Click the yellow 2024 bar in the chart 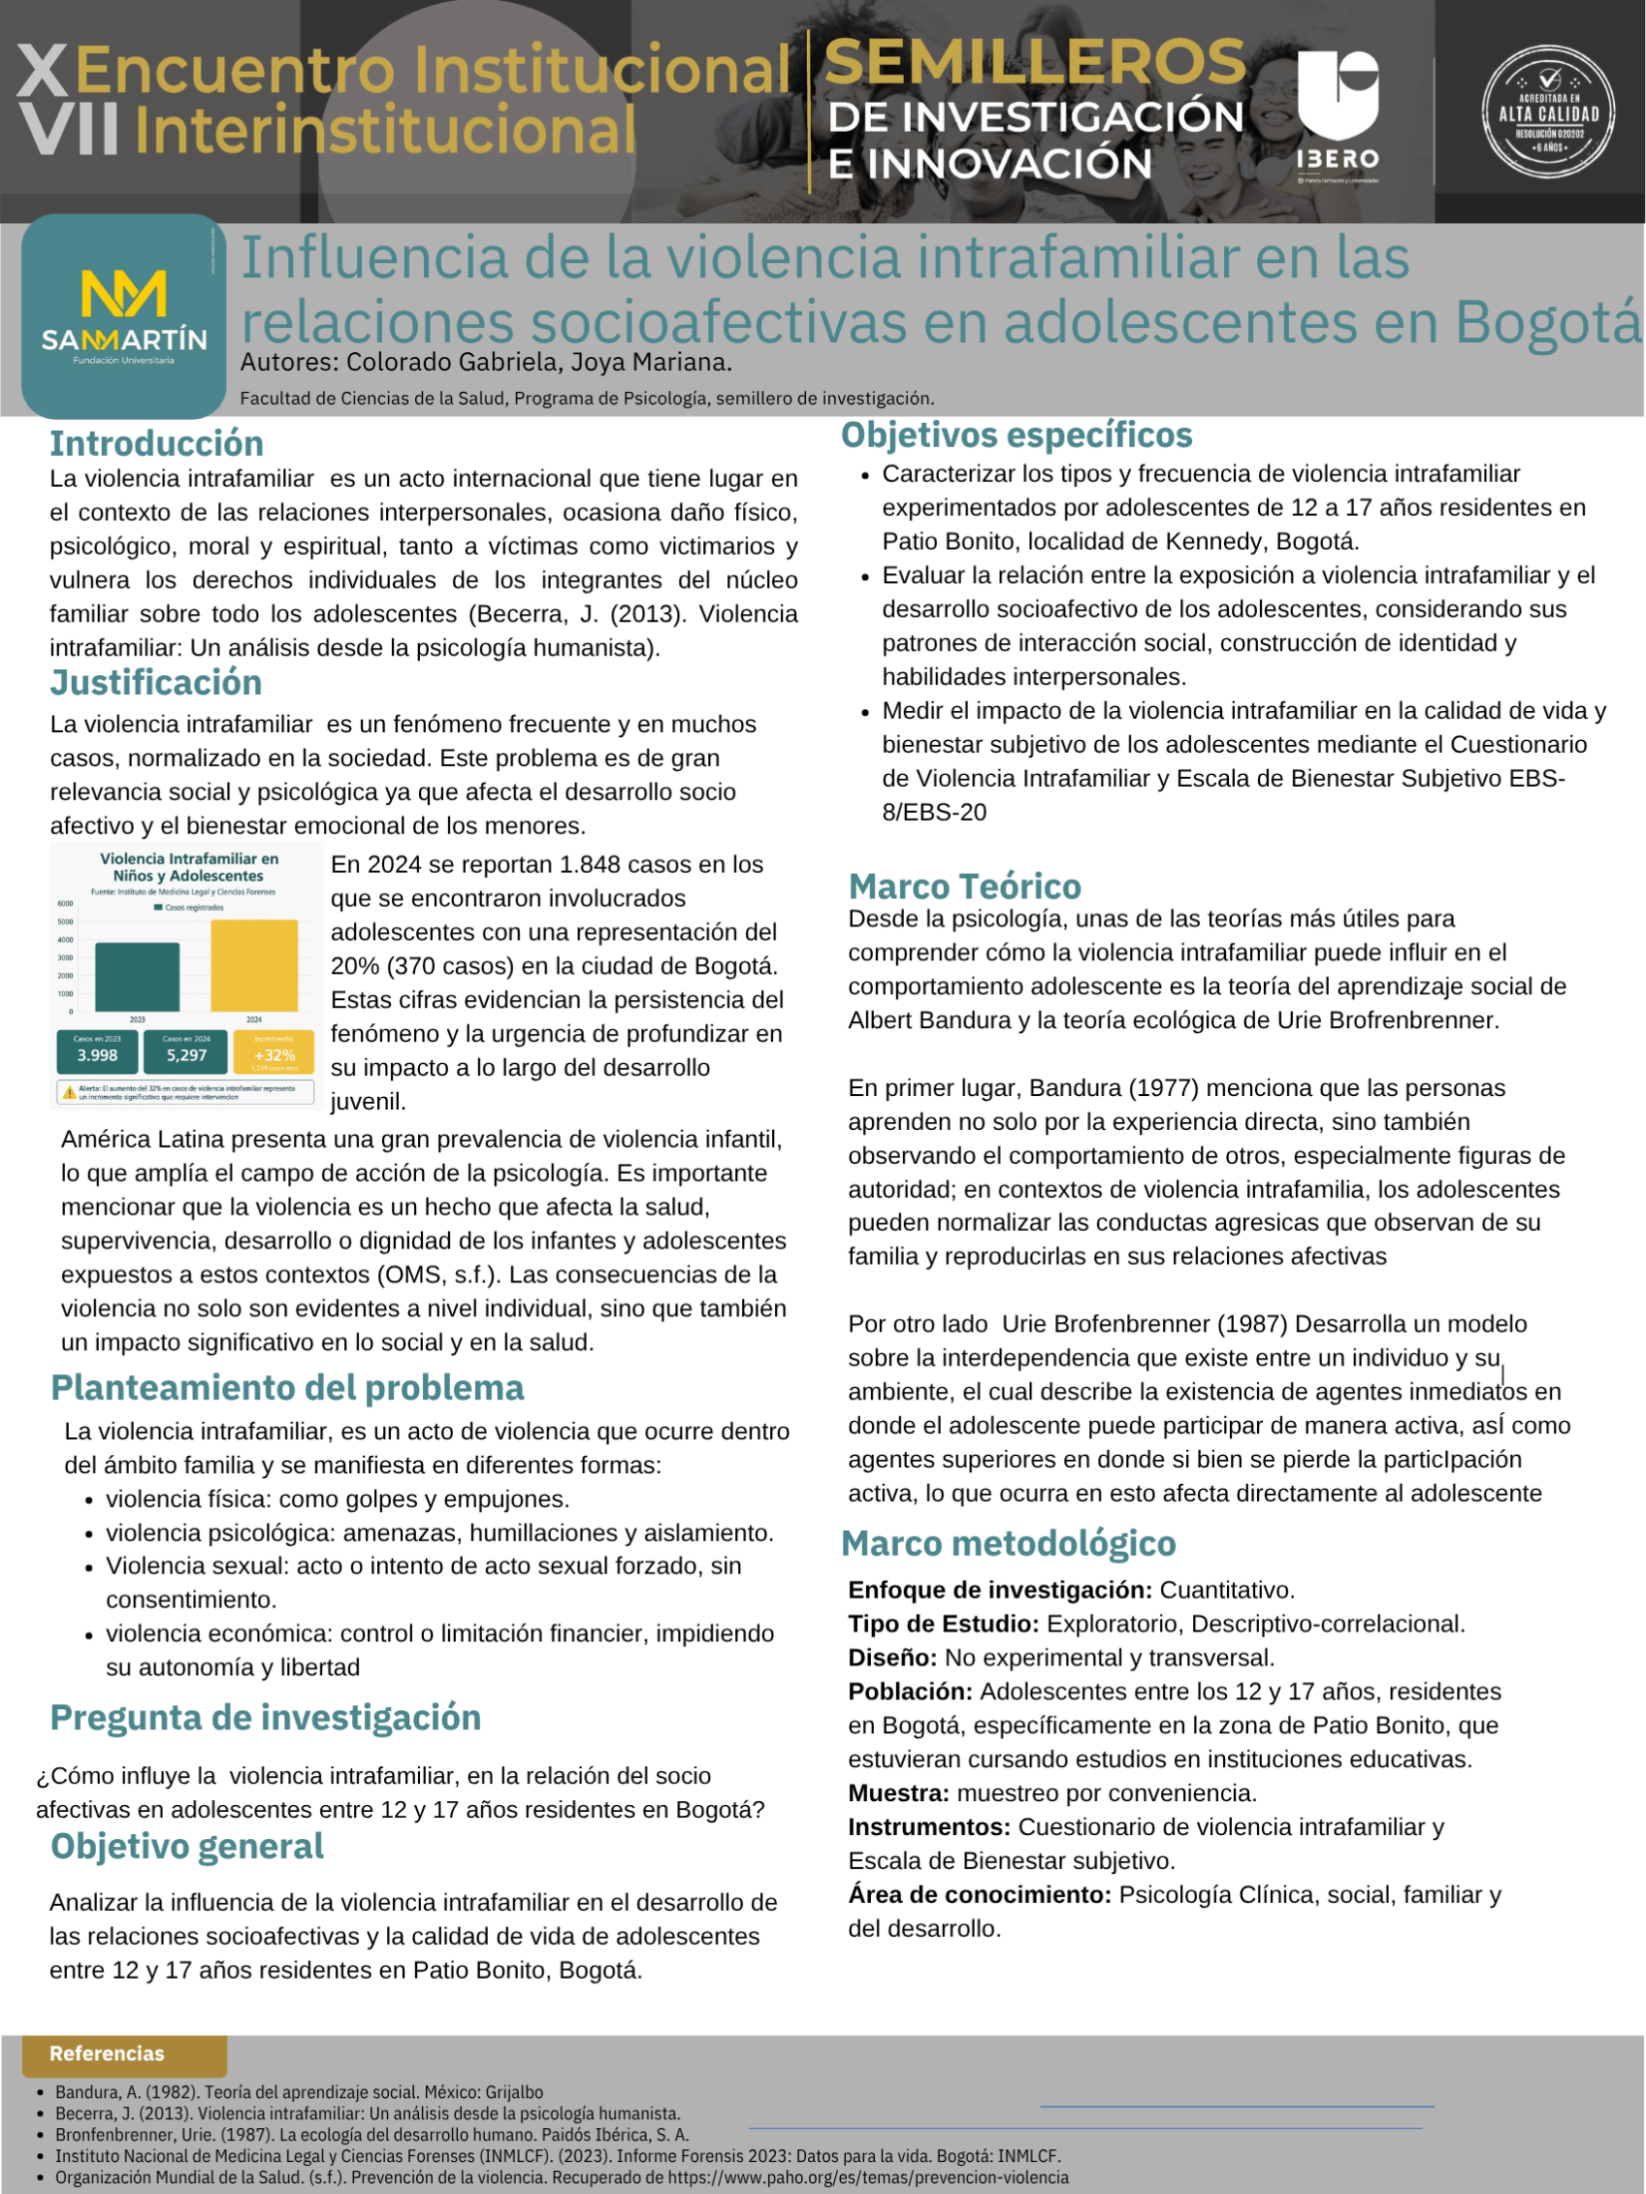(x=254, y=964)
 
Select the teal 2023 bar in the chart (x=138, y=976)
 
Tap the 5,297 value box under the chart (x=187, y=1051)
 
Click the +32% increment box (x=274, y=1052)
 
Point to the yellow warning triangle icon (x=69, y=1092)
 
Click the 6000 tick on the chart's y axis (x=65, y=904)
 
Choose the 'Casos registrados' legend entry (x=189, y=908)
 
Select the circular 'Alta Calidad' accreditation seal (x=1548, y=112)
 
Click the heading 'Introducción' (x=157, y=443)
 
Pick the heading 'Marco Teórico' (x=964, y=886)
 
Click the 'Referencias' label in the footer (x=107, y=2053)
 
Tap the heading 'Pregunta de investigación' (x=265, y=1717)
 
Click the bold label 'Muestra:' (x=898, y=1793)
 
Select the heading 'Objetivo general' (x=188, y=1846)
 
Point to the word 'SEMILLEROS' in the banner (x=1034, y=63)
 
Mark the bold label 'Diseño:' (x=892, y=1657)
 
